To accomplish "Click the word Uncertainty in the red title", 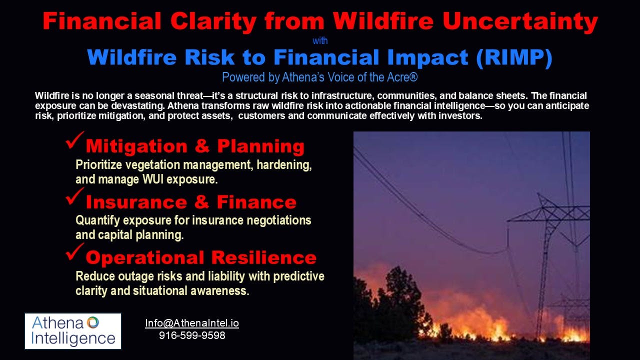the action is click(x=520, y=21).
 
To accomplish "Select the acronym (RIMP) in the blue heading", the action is click(x=514, y=58).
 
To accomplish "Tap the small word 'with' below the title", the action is click(x=320, y=41).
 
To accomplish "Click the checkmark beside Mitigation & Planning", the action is click(x=75, y=140).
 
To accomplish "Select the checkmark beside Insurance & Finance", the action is click(x=75, y=196).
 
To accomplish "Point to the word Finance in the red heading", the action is click(x=256, y=202).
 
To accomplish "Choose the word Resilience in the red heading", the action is click(x=264, y=257).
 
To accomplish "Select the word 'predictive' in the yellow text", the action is click(x=298, y=276).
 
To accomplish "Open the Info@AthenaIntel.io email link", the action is click(x=192, y=323).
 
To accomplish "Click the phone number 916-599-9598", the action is click(x=192, y=335).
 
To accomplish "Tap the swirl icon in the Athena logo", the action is click(x=93, y=322).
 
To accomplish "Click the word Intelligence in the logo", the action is click(x=73, y=338).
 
